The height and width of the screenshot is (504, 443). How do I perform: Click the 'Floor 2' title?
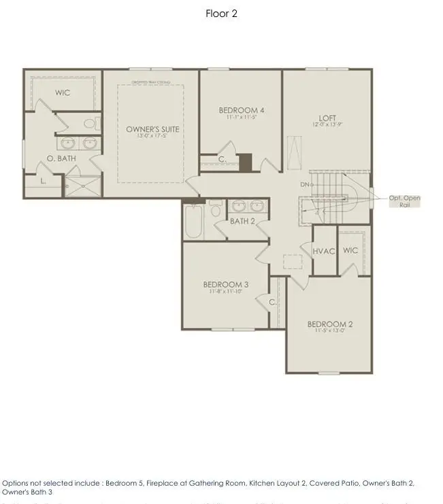coord(221,14)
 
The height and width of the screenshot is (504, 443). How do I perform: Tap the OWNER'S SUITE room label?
coord(152,129)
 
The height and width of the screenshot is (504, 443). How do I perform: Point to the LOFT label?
coord(328,118)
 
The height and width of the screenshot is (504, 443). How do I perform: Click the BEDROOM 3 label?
coord(225,285)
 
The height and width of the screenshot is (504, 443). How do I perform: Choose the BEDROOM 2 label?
coord(329,324)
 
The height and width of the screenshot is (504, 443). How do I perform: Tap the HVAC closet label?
coord(324,251)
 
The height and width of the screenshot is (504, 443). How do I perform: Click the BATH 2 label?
coord(242,221)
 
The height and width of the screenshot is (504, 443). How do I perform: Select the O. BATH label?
coord(61,158)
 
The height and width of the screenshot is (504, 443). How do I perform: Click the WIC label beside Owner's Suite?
coord(63,93)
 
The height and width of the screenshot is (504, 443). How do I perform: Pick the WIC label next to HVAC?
coord(350,250)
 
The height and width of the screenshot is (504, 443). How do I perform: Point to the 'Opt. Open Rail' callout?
coord(404,201)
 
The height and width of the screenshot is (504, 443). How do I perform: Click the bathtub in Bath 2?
coord(193,221)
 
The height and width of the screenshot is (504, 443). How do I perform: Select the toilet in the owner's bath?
coord(91,123)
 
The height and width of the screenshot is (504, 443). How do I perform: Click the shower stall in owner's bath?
coord(82,186)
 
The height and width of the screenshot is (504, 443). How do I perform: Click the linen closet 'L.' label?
coord(44,182)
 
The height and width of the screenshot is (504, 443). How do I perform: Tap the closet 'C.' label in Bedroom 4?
coord(222,160)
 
